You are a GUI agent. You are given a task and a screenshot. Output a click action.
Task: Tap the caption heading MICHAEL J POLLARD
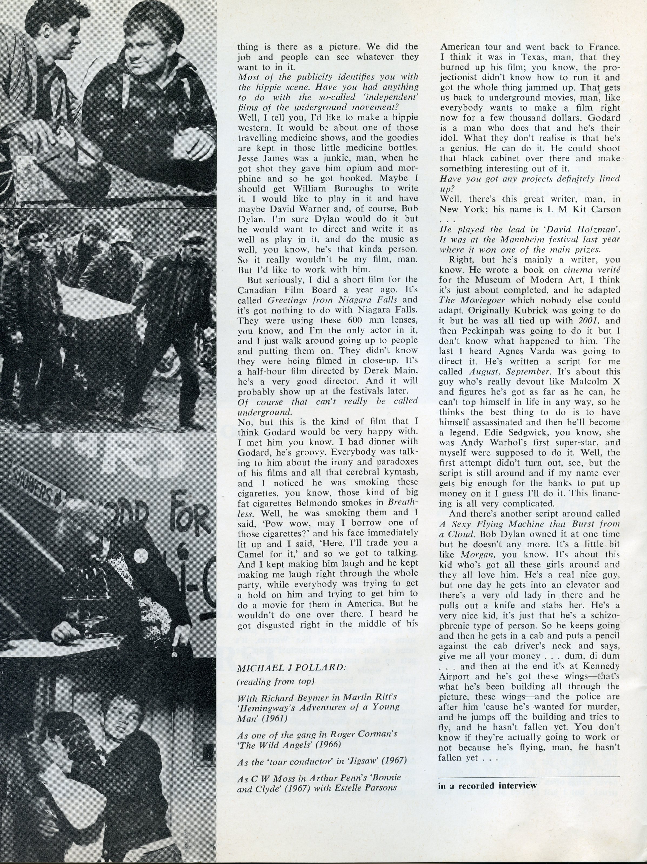291,668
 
